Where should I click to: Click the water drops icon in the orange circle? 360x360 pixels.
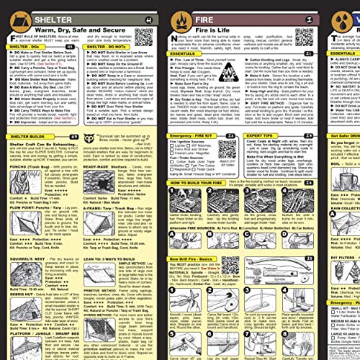(x=346, y=15)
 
